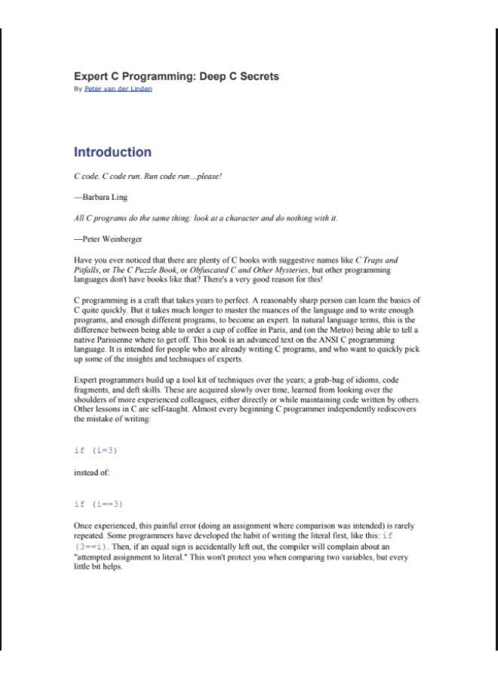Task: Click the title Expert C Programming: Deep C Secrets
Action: point(176,77)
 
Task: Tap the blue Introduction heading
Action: point(112,152)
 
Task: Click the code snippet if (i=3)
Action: point(96,450)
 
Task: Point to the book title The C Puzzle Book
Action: point(135,267)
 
